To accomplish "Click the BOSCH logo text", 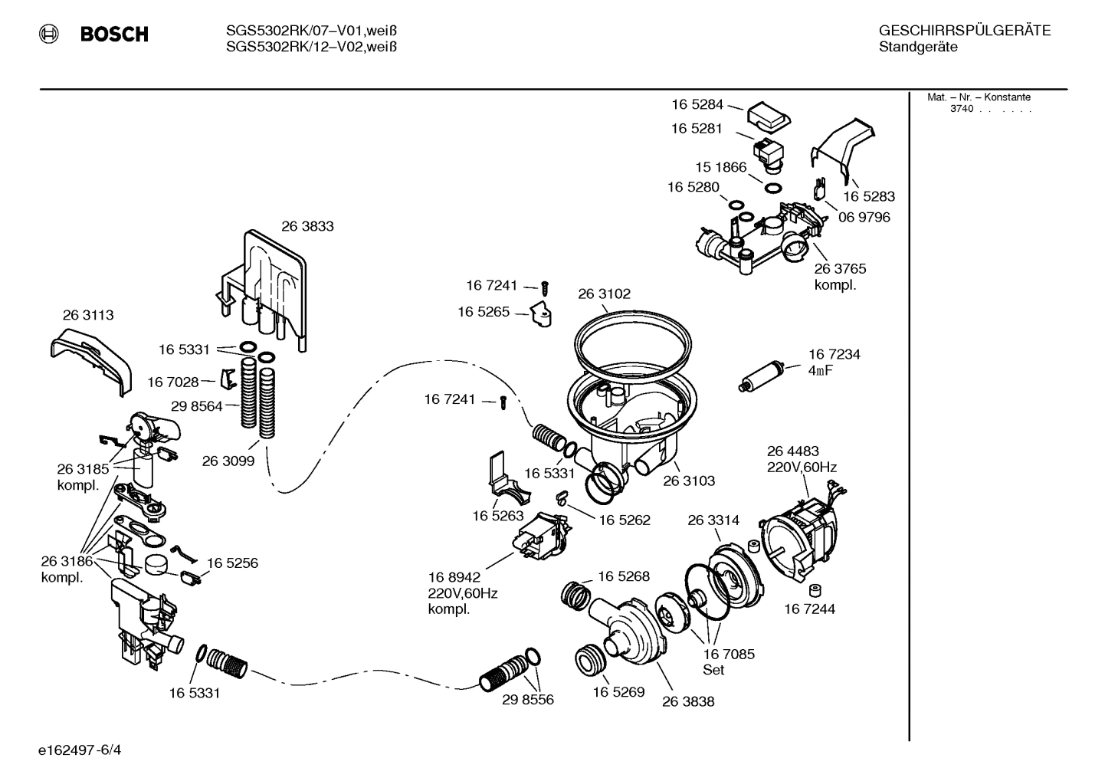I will [113, 34].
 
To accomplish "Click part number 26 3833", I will [307, 227].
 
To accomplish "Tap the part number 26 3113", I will [88, 315].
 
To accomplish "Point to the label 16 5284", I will [697, 105].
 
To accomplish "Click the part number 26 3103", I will [689, 481].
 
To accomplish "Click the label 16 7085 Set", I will [728, 662].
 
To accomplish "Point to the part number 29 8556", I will [528, 700].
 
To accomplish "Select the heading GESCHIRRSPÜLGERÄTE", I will [964, 31].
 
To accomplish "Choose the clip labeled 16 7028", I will [228, 379].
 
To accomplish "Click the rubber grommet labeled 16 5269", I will [589, 661].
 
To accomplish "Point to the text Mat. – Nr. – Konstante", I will [979, 97].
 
